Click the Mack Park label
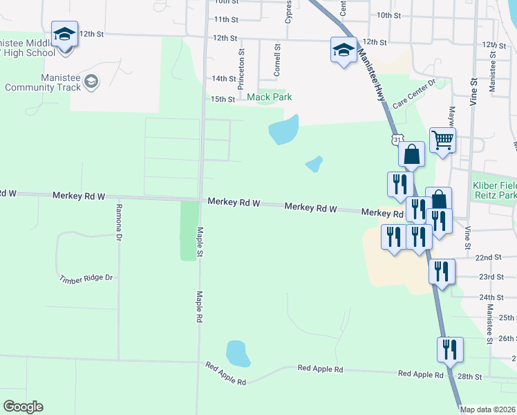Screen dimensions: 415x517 coord(270,98)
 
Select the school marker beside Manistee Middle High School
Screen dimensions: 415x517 coord(65,35)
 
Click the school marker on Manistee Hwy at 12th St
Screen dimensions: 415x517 coord(344,50)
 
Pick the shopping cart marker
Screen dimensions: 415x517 coord(442,140)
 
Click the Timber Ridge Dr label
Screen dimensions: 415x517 coord(86,278)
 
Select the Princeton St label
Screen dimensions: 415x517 coord(241,63)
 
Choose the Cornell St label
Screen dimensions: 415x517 coord(276,60)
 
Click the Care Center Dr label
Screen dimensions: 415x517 coord(415,93)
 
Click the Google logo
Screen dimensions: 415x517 coord(23,407)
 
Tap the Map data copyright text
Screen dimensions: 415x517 coord(488,409)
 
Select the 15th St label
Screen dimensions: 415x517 coord(223,100)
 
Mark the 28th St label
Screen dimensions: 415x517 coord(469,376)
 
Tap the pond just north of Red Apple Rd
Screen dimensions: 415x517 coord(237,353)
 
